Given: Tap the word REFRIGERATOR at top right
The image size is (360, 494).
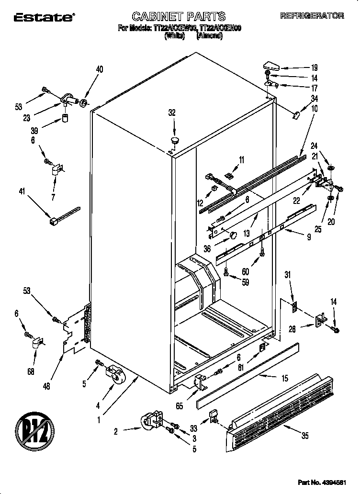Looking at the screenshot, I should point(312,16).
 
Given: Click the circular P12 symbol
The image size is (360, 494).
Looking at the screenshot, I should point(34,427).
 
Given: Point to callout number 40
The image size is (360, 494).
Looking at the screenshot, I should point(99,69).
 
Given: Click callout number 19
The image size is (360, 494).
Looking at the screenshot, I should point(315,68).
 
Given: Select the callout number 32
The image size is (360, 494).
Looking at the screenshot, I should point(172,113).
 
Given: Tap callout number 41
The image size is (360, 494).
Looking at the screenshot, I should point(22,192).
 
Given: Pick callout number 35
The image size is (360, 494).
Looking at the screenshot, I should point(304,436).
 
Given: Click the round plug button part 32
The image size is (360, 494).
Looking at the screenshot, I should point(173,140).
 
